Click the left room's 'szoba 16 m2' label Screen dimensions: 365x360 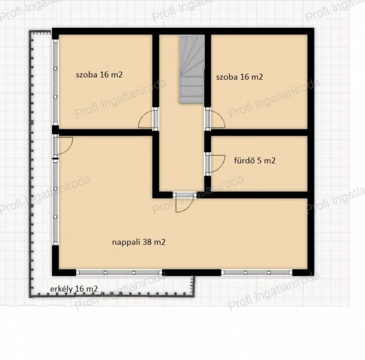99,75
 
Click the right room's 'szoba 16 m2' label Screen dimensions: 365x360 240,77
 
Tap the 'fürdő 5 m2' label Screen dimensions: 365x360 255,161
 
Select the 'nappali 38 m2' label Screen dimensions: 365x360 139,242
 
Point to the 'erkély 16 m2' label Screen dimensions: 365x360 74,289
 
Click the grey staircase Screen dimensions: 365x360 192,69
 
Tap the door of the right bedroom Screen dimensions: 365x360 214,119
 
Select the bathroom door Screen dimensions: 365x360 214,163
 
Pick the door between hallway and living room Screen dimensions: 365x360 185,202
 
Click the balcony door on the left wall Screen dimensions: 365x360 63,146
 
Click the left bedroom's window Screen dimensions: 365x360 55,83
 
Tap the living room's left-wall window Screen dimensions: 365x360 55,202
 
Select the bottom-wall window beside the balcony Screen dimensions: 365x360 119,272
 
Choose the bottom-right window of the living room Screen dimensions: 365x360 257,272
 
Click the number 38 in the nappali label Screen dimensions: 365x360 147,242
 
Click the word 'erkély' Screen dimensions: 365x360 62,289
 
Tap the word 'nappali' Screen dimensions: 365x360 126,243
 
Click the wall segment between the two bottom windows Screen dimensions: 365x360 192,272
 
